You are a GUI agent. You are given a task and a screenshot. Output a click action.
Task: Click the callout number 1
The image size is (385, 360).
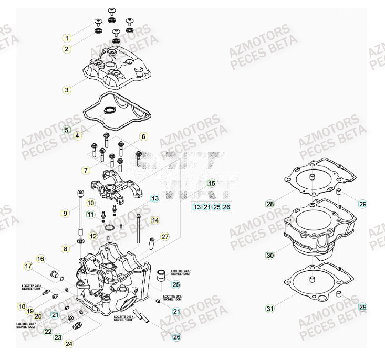pos(67,38)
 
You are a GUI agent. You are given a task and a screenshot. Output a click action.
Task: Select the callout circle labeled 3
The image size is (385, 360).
pos(67,90)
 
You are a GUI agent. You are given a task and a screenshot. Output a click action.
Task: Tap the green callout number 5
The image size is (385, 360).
pos(67,130)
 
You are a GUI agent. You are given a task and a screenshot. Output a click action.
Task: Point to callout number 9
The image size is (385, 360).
pos(65,213)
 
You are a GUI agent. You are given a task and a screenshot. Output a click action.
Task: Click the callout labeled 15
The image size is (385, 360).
pos(211,184)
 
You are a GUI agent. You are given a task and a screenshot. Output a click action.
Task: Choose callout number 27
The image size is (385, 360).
pos(165,237)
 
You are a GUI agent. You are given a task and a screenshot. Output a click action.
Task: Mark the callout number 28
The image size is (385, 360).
pos(269,204)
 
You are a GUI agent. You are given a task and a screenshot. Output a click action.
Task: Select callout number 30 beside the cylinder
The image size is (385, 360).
pos(269,256)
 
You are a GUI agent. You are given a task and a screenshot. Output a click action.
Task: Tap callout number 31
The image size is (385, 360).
pos(269,309)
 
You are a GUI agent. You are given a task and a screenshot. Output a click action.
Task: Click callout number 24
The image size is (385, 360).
pos(68,344)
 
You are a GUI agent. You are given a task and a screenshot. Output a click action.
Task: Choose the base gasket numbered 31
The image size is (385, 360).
pos(315,283)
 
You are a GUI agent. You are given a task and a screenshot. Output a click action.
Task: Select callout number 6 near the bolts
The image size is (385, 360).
pos(142,137)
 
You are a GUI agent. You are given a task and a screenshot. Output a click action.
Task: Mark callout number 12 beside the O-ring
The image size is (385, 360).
pos(93,236)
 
